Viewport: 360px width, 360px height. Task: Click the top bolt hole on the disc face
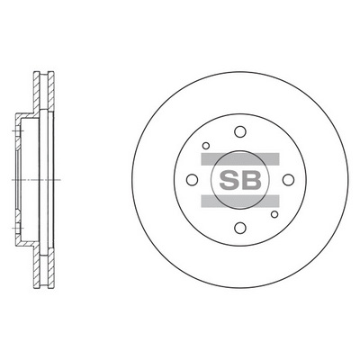239,131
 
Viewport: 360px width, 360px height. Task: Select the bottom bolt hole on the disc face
239,227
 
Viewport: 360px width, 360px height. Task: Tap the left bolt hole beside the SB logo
192,179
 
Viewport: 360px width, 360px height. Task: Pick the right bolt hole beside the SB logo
287,179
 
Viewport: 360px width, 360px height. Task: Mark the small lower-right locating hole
274,213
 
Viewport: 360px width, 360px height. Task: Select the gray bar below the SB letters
239,199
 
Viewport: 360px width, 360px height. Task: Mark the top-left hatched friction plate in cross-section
37,90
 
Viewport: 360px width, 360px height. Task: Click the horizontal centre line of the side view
27,179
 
